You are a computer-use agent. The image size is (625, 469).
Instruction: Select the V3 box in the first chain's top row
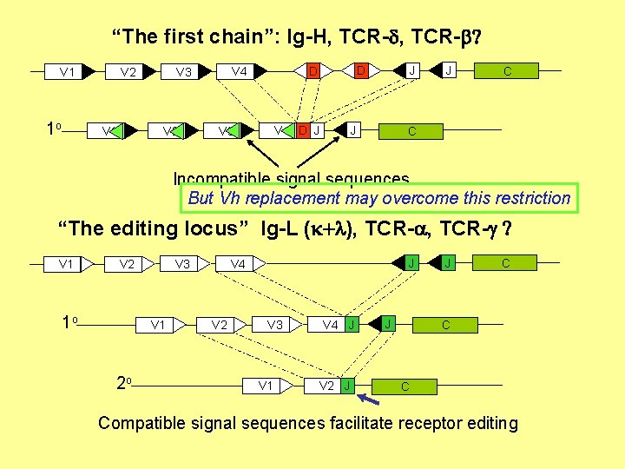click(182, 72)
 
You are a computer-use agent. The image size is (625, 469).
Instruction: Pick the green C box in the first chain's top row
click(507, 71)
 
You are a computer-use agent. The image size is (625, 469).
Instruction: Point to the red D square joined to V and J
click(303, 131)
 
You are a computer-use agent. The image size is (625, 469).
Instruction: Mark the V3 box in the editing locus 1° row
click(274, 325)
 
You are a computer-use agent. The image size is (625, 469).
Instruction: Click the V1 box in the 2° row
click(266, 385)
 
